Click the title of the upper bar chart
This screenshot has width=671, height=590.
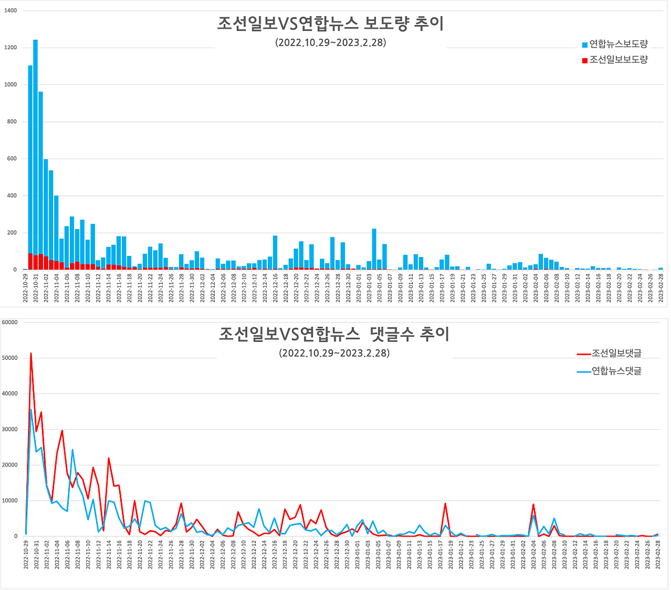tap(330, 24)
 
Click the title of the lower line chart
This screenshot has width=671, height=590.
tap(334, 334)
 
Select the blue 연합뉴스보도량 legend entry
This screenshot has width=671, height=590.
tap(615, 44)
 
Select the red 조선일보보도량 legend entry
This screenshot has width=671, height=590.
tap(615, 60)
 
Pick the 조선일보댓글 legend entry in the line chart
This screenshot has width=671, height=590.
tap(609, 353)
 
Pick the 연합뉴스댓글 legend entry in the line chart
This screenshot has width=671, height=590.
tap(609, 370)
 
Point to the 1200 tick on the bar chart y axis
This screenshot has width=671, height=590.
tap(10, 47)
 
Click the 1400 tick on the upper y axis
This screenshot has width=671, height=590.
tap(10, 11)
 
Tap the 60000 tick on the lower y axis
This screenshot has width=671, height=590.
tap(10, 322)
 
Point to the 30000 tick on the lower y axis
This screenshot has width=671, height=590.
tap(10, 430)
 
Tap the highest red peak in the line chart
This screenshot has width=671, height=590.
tap(31, 354)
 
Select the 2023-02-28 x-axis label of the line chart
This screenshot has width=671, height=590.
tap(658, 554)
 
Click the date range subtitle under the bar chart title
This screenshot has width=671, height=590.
tap(330, 42)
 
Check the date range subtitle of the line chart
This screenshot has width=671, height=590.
tap(334, 353)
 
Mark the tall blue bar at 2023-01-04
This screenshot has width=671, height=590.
tap(374, 249)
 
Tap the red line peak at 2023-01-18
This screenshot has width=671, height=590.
tap(445, 504)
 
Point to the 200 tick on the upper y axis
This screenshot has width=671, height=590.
tap(11, 233)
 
